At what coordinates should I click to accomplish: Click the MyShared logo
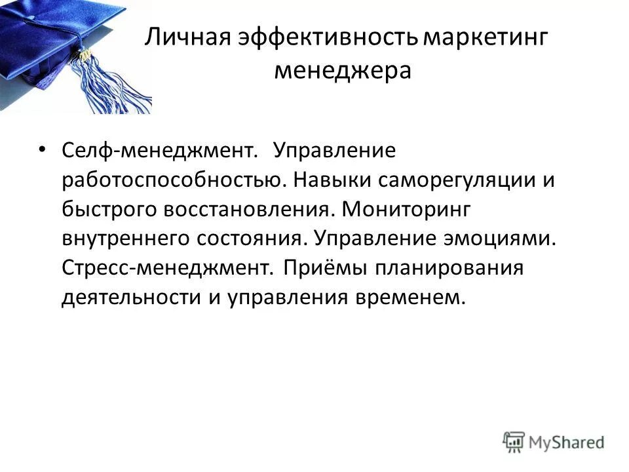pyautogui.click(x=553, y=441)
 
